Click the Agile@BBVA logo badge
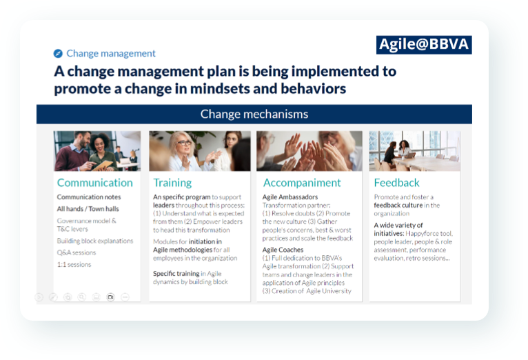tap(424, 44)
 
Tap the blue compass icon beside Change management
tap(58, 53)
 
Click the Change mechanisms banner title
tap(254, 114)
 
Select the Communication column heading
tap(95, 183)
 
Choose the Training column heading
tap(172, 183)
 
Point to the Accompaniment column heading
tap(302, 183)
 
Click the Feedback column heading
tap(396, 183)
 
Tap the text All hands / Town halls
tap(88, 209)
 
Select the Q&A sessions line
tap(77, 252)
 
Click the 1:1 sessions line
tap(74, 264)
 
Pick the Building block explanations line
tap(95, 241)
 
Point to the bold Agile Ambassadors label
tap(290, 197)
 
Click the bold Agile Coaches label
tap(283, 250)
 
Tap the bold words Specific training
tap(176, 274)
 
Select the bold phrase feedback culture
tap(398, 205)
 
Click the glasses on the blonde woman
tap(184, 143)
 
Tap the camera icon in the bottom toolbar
tap(110, 297)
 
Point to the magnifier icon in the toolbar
tap(82, 297)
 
